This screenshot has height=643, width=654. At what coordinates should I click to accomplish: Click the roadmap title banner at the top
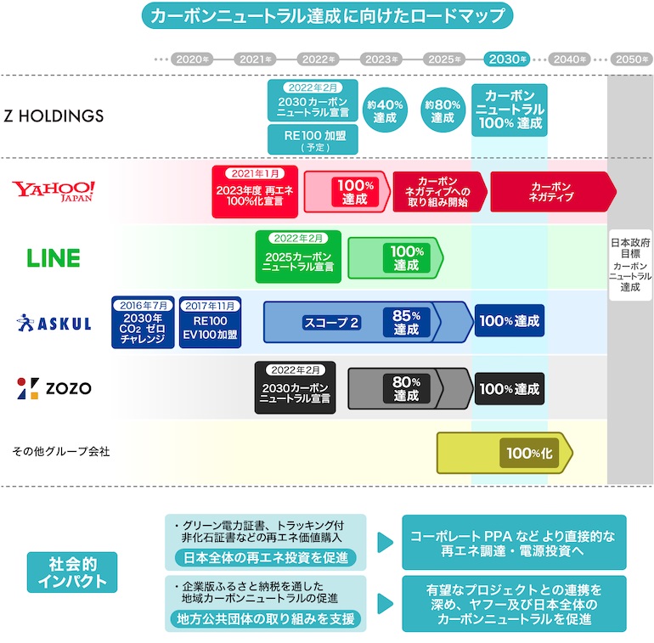(326, 16)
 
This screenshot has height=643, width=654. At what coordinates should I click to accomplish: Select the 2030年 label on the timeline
(507, 59)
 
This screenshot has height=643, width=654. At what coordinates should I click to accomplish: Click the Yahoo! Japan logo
(54, 190)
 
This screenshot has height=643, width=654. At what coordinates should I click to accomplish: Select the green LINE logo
(54, 257)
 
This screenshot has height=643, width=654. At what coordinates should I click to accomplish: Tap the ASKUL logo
(54, 322)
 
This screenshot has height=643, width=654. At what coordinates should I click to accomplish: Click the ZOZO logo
(54, 389)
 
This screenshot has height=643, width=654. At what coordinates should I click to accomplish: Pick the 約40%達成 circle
(385, 110)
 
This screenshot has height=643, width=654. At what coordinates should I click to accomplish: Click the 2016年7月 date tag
(143, 305)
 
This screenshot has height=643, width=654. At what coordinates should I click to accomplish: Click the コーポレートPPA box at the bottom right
(513, 543)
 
